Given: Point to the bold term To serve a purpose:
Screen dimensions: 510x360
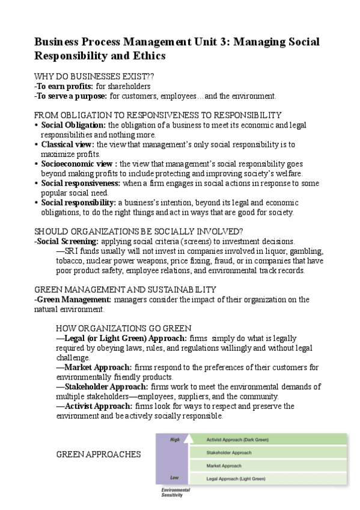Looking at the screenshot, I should pos(72,96).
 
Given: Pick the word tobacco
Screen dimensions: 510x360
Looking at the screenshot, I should pos(71,260).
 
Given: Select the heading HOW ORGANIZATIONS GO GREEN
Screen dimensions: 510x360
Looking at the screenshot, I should pos(123,328).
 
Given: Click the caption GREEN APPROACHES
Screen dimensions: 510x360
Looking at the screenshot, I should pos(99,455).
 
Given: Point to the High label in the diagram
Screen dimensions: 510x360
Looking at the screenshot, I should pos(175,440).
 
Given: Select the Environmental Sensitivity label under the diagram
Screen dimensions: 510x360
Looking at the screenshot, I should pos(175,493).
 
